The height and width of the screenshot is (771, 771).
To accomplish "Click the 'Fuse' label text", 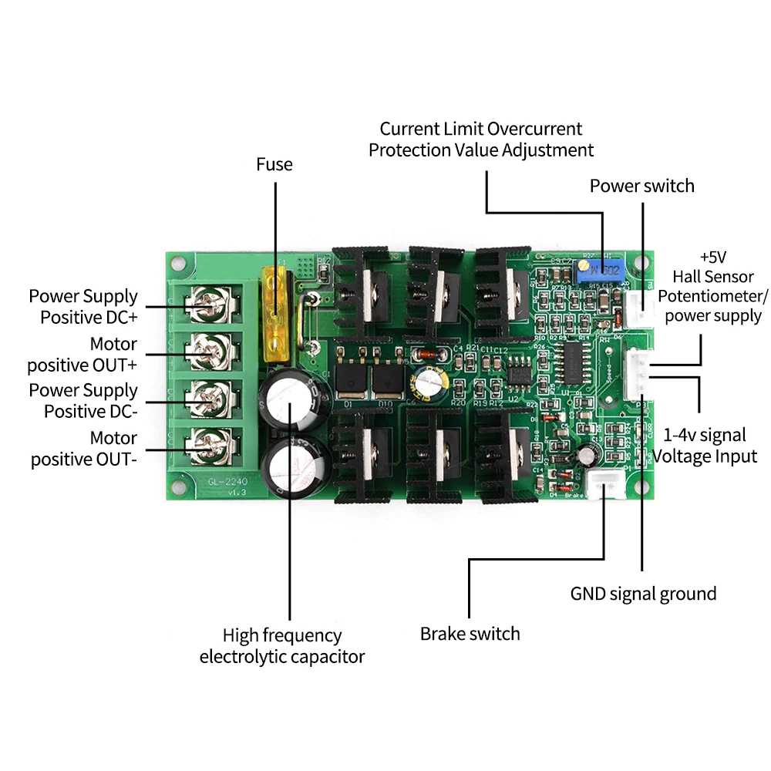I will tap(274, 164).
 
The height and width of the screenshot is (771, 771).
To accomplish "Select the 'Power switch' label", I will tap(641, 186).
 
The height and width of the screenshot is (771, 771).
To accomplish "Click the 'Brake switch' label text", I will tap(470, 634).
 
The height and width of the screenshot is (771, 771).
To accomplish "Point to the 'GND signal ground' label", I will tap(643, 594).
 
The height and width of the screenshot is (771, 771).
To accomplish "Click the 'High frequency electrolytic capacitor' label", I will tap(281, 646).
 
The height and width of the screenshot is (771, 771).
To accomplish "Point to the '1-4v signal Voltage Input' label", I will tap(704, 445).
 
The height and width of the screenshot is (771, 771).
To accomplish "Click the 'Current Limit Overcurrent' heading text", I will tap(481, 129).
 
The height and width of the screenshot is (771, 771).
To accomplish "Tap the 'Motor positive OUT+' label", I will tap(82, 354).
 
